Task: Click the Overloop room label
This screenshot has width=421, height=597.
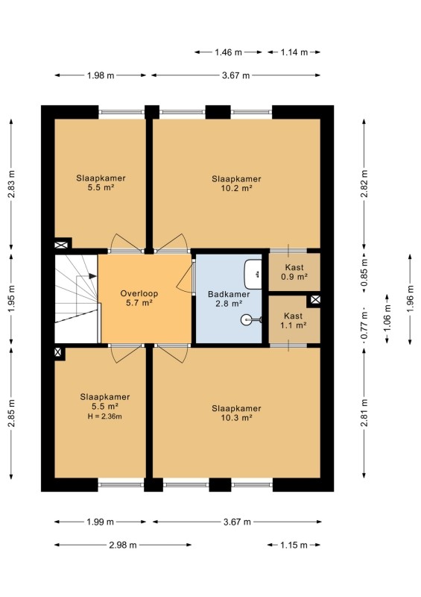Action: coord(139,293)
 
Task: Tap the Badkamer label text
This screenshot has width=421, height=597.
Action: coord(229,294)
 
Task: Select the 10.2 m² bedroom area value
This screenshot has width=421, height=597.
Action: coord(236,188)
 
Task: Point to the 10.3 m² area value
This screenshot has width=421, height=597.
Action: coord(236,418)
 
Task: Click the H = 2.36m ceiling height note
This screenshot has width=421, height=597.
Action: coord(104,416)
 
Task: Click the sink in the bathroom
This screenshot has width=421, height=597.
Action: coord(253,274)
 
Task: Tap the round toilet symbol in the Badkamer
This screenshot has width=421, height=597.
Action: coord(247,319)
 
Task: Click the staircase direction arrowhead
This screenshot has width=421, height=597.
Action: coord(92,275)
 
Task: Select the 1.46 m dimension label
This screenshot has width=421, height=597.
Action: coord(228,52)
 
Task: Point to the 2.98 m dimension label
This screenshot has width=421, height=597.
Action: coord(122,545)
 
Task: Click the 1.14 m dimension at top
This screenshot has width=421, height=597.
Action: coord(294,52)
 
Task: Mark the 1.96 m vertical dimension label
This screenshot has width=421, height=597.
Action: coord(410,299)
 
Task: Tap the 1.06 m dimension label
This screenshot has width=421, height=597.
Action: coord(387,319)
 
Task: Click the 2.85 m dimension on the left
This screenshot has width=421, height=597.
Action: coord(11,413)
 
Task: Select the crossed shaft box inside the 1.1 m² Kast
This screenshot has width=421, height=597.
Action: coord(315,300)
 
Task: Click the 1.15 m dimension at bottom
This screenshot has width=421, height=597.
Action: coord(294,545)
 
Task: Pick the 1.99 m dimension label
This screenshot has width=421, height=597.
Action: coord(100,522)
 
